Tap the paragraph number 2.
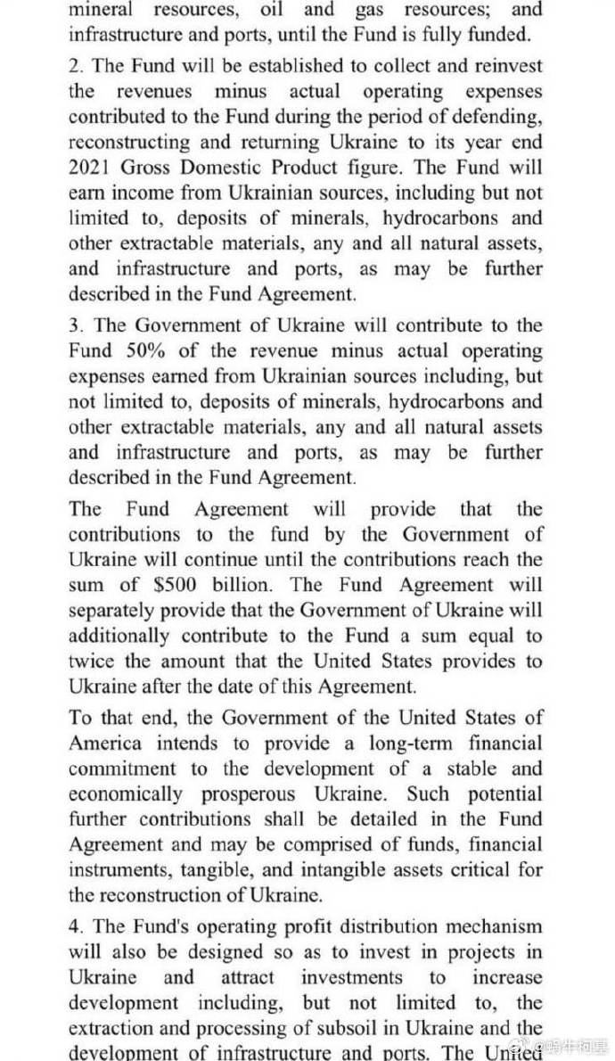(x=75, y=66)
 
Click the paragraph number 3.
(x=75, y=325)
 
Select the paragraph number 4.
(x=75, y=927)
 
